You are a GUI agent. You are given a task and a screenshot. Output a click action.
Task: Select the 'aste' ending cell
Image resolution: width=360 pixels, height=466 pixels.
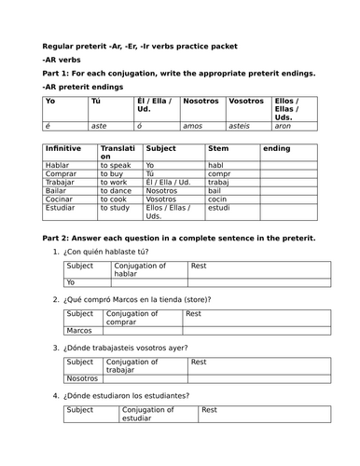[99, 123]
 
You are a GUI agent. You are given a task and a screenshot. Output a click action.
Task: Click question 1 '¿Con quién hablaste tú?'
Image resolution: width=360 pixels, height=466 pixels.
[115, 252]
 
